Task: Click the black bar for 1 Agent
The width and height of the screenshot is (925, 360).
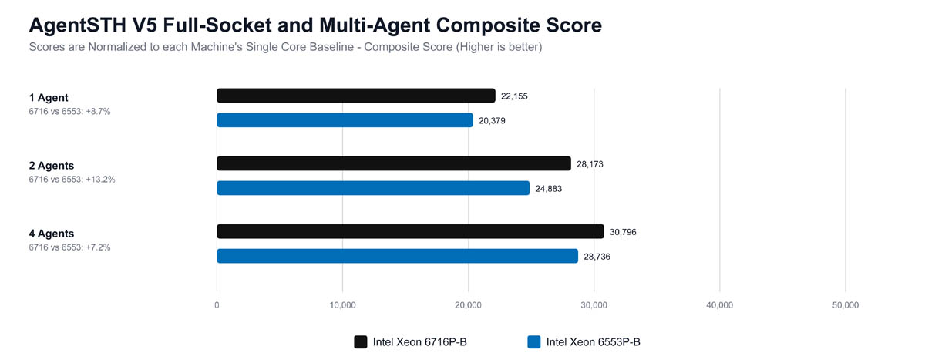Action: [x=356, y=96]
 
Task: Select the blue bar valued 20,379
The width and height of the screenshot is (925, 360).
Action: [x=345, y=120]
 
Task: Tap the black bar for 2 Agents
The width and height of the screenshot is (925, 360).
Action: [x=394, y=163]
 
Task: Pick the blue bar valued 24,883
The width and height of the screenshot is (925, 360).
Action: [x=373, y=188]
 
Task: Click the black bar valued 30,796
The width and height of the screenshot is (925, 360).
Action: [x=410, y=231]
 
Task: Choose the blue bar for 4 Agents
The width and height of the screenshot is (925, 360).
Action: [x=397, y=256]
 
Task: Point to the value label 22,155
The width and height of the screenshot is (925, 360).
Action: [x=514, y=96]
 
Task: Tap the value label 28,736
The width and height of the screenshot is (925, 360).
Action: [x=597, y=257]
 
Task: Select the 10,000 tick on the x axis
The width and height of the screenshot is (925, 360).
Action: [x=342, y=305]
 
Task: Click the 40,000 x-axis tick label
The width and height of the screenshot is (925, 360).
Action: [x=719, y=305]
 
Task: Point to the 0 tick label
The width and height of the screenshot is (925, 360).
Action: [x=217, y=305]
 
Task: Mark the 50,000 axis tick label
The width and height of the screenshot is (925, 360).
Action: [x=845, y=305]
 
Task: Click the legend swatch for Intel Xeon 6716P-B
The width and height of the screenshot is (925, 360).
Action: [x=361, y=341]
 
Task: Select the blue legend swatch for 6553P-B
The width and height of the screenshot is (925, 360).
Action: [x=534, y=341]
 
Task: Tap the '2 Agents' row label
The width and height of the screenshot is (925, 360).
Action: [x=52, y=166]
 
